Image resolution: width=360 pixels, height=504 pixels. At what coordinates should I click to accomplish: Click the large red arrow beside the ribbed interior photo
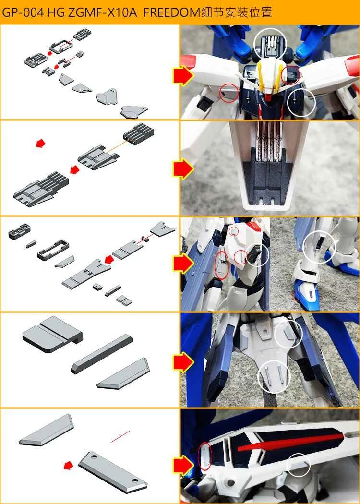click(x=182, y=168)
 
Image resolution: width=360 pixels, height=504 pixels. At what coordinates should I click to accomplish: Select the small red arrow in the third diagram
click(x=110, y=260)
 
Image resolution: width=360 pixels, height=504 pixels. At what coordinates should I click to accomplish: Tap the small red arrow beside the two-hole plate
click(x=69, y=465)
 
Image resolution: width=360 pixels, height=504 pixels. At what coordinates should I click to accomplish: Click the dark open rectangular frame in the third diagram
click(x=52, y=247)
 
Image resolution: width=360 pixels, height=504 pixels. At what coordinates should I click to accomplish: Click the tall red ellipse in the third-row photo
click(x=221, y=264)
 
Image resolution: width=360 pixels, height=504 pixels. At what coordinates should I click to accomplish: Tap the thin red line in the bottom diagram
click(x=120, y=436)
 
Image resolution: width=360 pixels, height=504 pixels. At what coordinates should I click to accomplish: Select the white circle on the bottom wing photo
click(x=298, y=465)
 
